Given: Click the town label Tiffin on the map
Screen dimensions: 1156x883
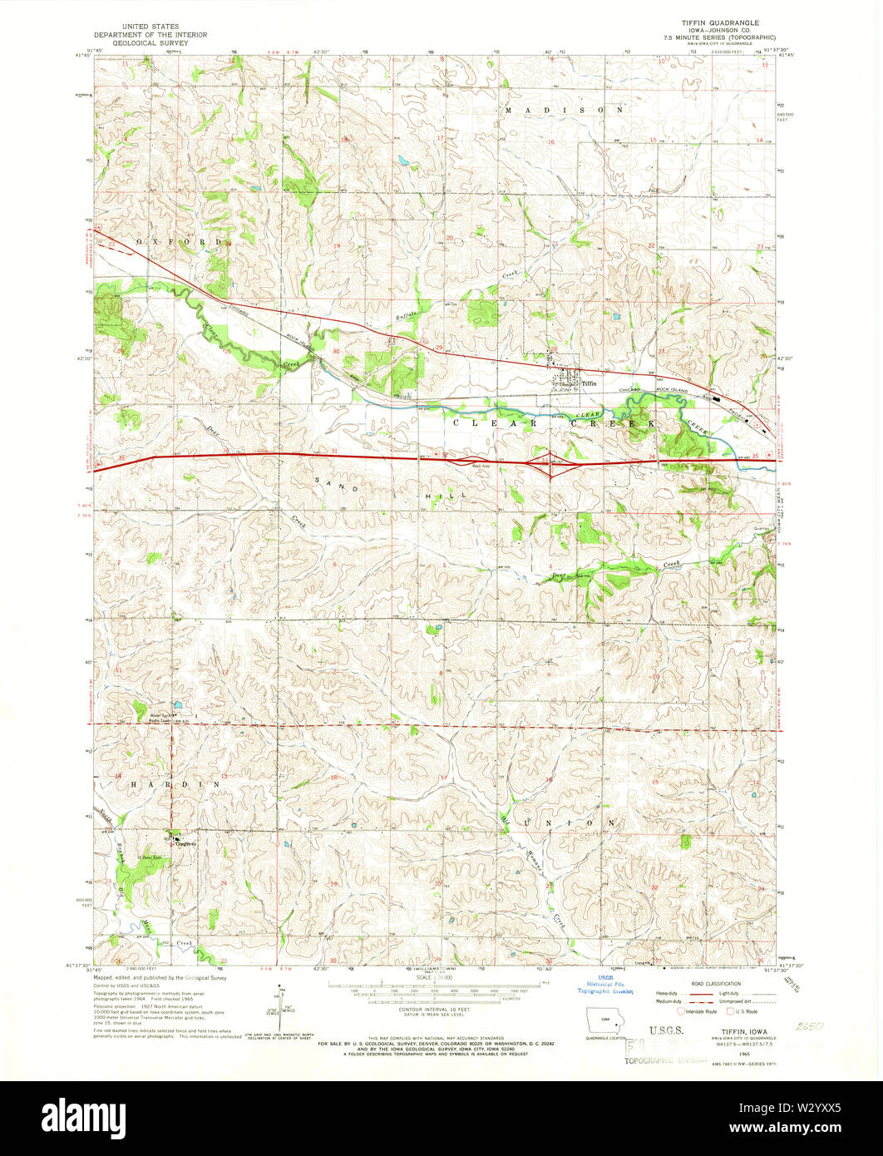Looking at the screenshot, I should point(589,383).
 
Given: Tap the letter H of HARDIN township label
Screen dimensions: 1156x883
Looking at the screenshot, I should point(132,783).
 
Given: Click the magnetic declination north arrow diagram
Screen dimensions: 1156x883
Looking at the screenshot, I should point(281,1008).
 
